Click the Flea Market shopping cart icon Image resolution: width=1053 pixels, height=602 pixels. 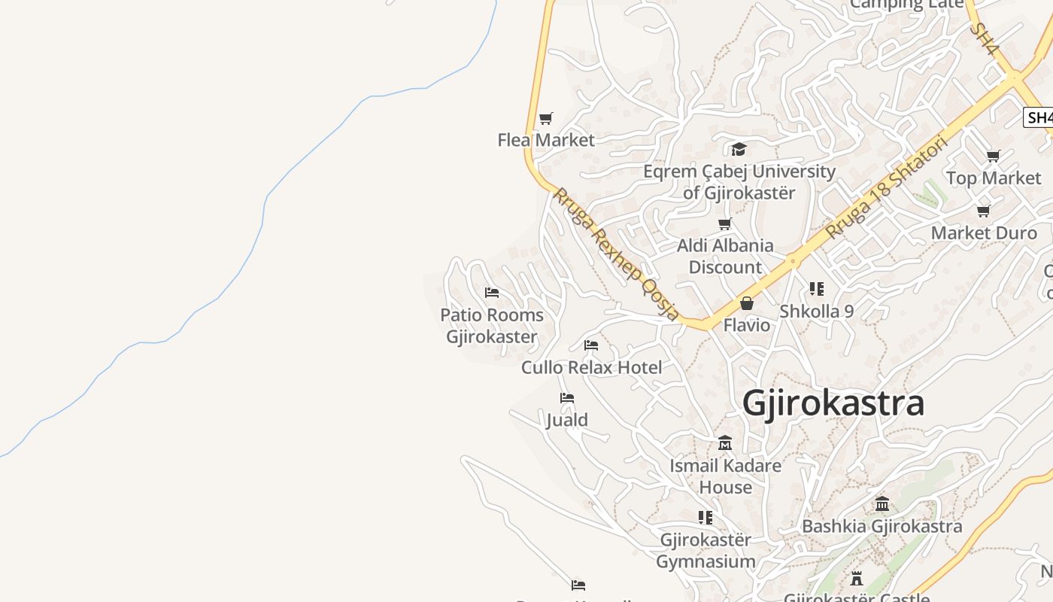[x=546, y=118]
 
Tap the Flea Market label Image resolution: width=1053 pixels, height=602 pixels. [x=546, y=140]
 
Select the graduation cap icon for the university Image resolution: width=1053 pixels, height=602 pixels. [x=739, y=149]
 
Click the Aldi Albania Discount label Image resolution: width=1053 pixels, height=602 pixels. [x=725, y=256]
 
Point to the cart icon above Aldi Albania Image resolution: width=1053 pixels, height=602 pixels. [x=725, y=223]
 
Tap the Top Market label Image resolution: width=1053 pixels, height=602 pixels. [x=994, y=178]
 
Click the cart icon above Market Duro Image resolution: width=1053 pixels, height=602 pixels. [x=983, y=211]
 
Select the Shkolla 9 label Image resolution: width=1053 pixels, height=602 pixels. [x=816, y=311]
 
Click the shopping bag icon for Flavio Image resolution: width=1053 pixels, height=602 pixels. [x=746, y=303]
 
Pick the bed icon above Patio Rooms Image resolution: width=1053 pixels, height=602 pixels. [x=492, y=293]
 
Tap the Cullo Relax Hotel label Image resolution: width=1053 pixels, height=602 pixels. [x=592, y=368]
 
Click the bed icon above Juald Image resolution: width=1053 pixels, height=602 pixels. [x=567, y=398]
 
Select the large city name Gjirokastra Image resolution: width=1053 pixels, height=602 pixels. [x=833, y=403]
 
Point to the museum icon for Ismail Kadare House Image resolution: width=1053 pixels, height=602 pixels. [x=725, y=443]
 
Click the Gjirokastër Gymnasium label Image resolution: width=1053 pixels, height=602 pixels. [x=706, y=551]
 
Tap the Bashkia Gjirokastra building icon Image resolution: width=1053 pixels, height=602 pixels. [x=882, y=503]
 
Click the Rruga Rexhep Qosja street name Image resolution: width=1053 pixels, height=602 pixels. [x=616, y=254]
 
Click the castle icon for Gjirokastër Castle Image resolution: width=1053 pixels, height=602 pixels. [x=856, y=579]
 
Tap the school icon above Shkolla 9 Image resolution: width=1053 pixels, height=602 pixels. [x=816, y=288]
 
